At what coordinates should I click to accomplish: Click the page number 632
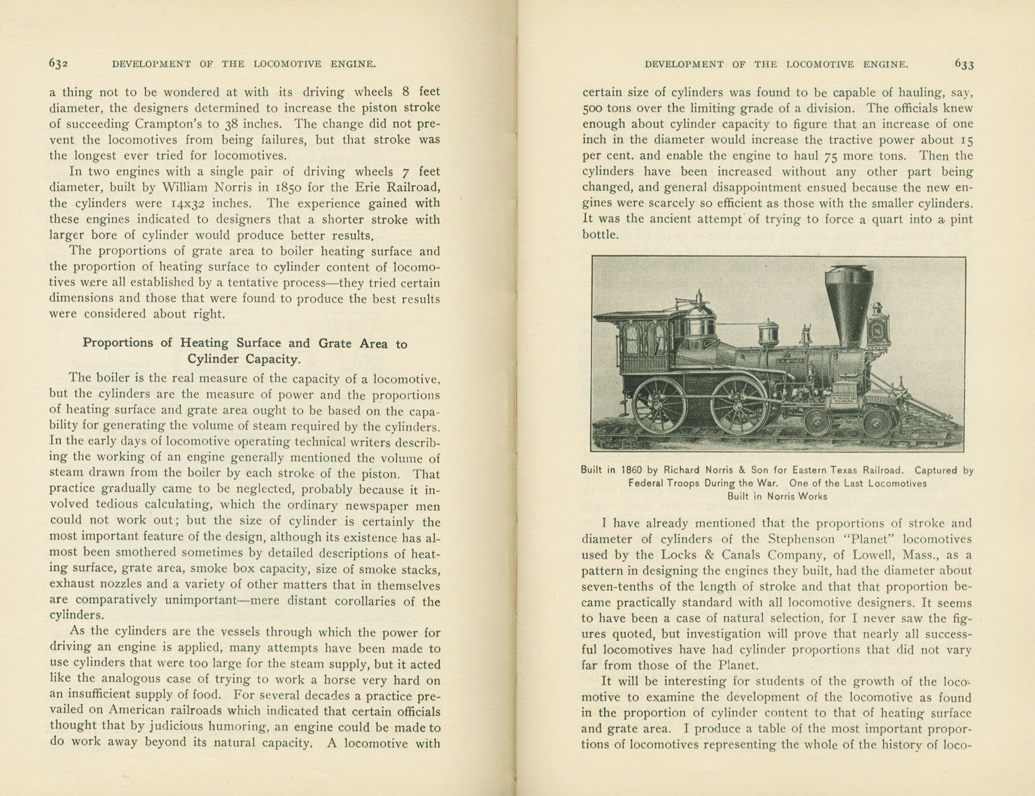[59, 63]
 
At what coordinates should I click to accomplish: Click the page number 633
[964, 64]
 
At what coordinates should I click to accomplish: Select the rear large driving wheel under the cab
[660, 404]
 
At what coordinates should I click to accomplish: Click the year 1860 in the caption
[632, 471]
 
